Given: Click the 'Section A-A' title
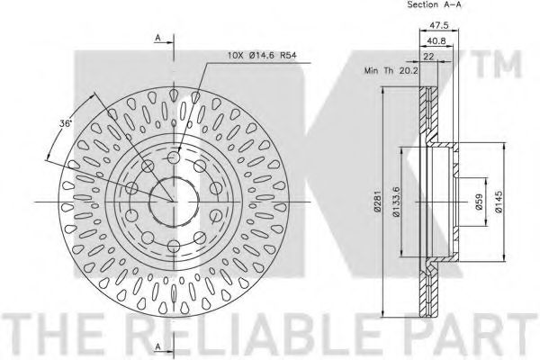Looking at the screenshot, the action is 434,4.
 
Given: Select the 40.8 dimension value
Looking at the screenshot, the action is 436,40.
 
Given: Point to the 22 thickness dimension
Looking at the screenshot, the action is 428,57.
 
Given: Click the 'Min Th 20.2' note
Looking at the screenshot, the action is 391,71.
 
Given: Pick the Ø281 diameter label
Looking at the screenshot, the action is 377,201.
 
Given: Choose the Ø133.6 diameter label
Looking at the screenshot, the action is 396,202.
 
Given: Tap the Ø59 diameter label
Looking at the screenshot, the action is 479,202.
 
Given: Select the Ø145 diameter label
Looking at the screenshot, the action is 499,202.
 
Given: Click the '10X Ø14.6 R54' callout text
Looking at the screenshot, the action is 262,55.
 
